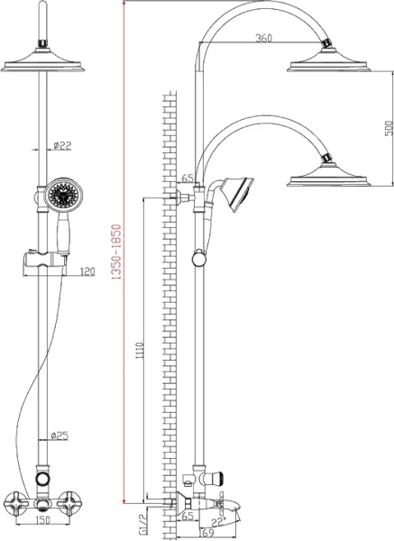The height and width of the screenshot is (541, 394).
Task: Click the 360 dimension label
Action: (x=263, y=38)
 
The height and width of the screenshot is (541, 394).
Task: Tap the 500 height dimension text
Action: (x=389, y=128)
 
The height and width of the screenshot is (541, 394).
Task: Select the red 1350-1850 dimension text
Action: (x=117, y=252)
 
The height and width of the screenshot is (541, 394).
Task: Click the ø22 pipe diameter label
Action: (x=62, y=145)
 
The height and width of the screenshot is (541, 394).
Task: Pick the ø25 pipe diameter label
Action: (x=60, y=436)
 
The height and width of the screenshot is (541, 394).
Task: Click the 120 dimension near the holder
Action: (x=87, y=271)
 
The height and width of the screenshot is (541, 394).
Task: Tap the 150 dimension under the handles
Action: (x=42, y=519)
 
